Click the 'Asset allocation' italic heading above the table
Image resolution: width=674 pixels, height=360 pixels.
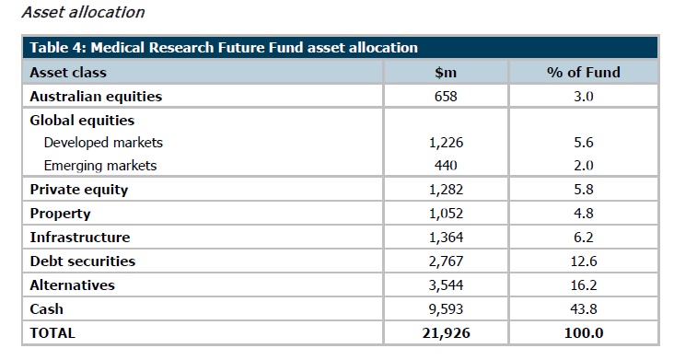(84, 12)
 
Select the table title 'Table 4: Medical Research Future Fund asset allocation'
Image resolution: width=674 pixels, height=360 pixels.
(224, 47)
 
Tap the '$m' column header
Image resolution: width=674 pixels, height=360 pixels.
(446, 72)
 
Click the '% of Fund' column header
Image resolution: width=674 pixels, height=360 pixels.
(583, 72)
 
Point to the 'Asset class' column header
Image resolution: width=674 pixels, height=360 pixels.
(68, 72)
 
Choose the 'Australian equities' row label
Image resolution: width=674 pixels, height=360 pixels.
(96, 97)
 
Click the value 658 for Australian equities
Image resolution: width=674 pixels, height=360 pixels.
(446, 97)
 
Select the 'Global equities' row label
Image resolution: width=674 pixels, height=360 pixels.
(82, 121)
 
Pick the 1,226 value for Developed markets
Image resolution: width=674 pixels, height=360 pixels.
(446, 143)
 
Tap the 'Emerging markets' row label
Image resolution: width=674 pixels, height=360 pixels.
(100, 166)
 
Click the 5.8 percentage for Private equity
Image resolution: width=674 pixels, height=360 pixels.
(583, 190)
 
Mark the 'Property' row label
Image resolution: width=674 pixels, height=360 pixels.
(60, 214)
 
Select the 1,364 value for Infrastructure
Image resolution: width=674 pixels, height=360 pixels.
(446, 238)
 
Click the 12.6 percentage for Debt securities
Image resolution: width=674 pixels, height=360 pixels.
(583, 261)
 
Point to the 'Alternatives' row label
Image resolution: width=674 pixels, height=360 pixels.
(72, 285)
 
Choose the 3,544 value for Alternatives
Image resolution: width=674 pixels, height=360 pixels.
(446, 285)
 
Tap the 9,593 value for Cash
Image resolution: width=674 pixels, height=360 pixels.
(446, 309)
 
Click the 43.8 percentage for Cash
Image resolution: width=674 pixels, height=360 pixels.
(583, 309)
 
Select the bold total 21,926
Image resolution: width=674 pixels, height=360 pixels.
(446, 333)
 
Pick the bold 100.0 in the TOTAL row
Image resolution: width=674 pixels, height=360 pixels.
(583, 333)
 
